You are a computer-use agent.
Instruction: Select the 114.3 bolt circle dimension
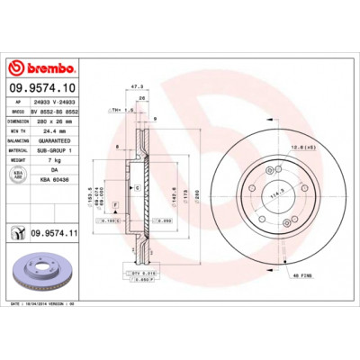coord(266,193)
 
